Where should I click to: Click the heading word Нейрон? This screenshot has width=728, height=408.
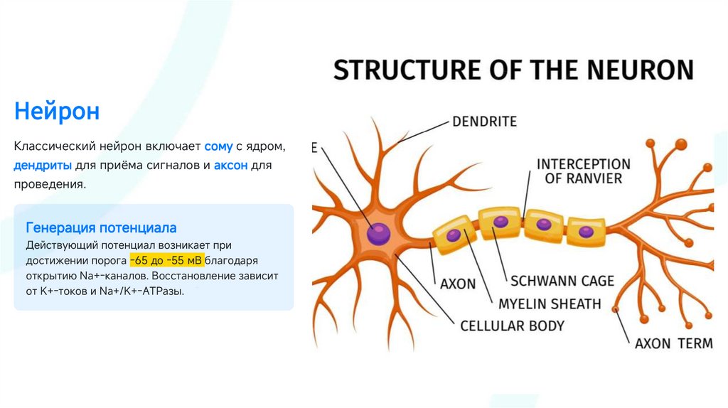point(56,111)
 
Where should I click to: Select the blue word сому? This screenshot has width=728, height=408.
point(218,146)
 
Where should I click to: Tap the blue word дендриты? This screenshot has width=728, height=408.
point(42,166)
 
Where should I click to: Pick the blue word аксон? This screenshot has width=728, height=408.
point(230,166)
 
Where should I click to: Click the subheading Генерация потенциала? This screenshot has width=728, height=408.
point(101,228)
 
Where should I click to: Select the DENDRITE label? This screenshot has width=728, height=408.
point(484,122)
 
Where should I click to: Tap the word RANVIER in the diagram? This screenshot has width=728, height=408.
point(583,178)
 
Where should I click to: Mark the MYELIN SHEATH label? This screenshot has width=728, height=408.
point(549,304)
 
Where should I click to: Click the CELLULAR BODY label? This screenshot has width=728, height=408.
point(512,326)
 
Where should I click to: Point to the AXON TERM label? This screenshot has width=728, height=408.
point(673,343)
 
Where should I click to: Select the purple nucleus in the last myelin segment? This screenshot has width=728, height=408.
point(586,231)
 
